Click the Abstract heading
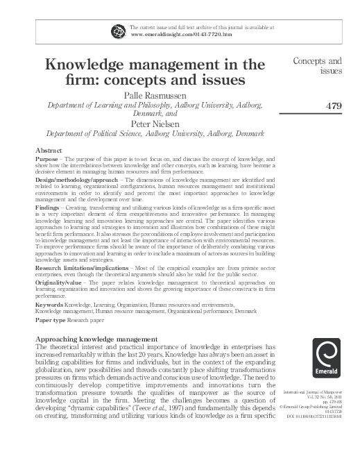point(49,151)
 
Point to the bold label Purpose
point(46,159)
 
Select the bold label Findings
point(47,208)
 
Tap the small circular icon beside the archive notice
point(114,30)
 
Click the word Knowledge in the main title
point(88,65)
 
